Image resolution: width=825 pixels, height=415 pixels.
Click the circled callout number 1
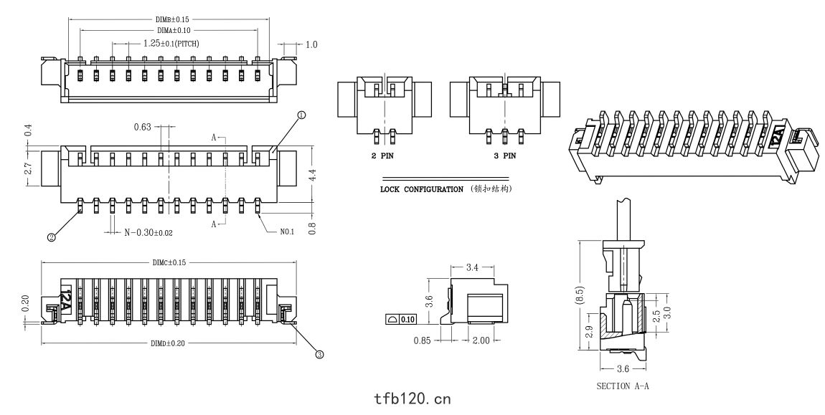coord(301,115)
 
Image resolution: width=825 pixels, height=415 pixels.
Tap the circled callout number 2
coord(52,237)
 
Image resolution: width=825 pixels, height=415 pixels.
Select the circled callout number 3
coord(319,355)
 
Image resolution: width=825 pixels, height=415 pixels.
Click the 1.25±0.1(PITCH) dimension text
coord(171,44)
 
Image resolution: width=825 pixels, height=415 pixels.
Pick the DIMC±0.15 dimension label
coord(169,262)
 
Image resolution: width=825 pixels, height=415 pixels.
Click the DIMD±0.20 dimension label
coord(168,343)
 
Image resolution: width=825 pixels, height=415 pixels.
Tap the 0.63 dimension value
coord(142,127)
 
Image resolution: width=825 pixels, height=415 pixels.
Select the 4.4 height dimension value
coord(312,176)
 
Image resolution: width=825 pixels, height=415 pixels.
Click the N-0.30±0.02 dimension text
coord(148,232)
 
